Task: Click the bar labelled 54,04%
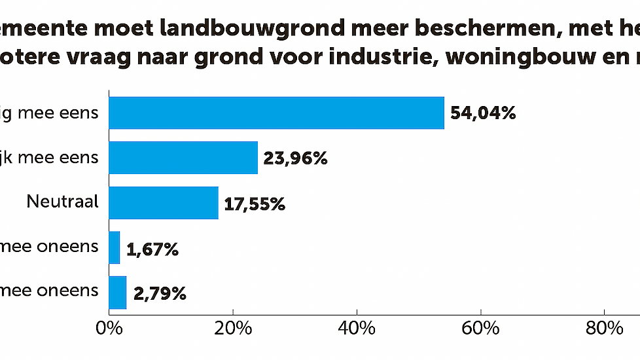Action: pos(276,113)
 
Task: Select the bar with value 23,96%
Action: pos(183,158)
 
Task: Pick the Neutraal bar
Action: pos(164,203)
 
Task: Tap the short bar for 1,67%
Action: pos(115,247)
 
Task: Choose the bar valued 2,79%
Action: pos(118,292)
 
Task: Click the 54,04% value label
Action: pos(484,114)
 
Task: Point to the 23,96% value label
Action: pos(295,158)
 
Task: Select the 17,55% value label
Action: pos(255,204)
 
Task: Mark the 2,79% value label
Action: pos(160,293)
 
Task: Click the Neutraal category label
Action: pos(63,201)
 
